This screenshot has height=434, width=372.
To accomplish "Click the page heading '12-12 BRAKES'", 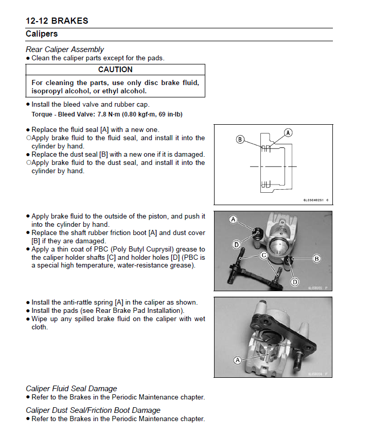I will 57,21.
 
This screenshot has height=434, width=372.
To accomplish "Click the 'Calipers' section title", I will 42,34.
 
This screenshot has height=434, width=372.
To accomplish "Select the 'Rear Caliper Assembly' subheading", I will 65,49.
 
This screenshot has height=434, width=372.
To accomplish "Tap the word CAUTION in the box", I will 115,70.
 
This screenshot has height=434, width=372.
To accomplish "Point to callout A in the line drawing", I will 289,132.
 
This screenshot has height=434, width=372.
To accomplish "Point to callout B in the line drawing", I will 240,139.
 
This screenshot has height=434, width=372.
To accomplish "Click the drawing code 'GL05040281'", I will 313,201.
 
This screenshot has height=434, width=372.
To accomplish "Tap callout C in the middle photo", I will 263,255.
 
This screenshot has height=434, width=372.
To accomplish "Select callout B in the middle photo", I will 317,258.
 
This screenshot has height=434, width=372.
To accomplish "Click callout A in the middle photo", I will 233,220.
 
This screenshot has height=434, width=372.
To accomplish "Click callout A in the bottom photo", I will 238,360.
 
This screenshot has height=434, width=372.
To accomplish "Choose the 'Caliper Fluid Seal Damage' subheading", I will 72,389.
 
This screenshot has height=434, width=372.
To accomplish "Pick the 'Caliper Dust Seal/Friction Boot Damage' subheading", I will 93,410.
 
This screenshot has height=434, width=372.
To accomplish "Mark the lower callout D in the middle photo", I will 295,281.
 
